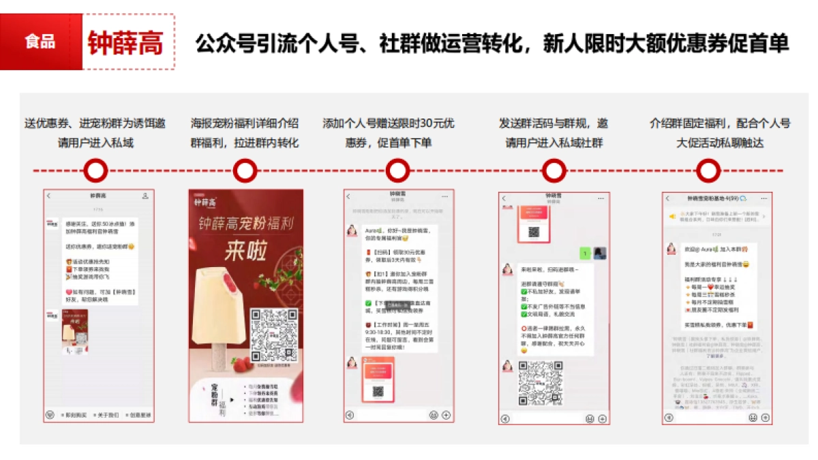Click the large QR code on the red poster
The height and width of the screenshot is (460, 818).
275,334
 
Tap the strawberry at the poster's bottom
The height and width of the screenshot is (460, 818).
243,369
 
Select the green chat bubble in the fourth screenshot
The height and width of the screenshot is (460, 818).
584,254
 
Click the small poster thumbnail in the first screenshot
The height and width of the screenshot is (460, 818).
75,331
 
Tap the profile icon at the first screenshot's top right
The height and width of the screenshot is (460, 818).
145,196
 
